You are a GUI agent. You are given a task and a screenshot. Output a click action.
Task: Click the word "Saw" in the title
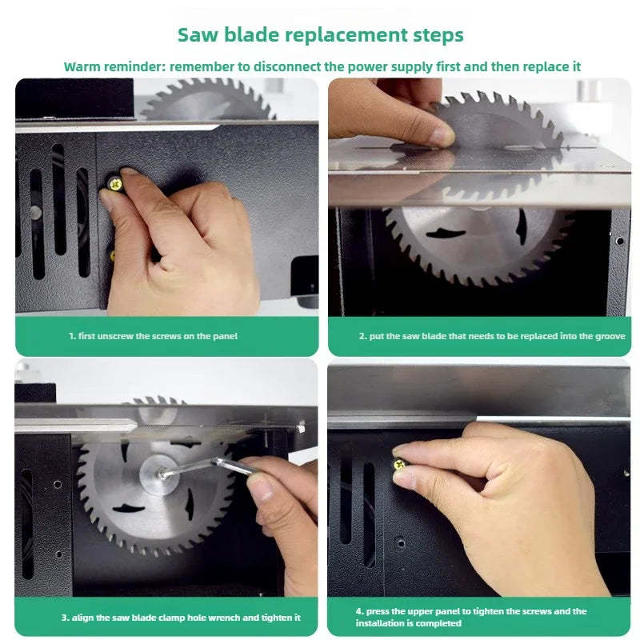(x=198, y=34)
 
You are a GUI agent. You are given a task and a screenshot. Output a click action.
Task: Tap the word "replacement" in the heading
(x=346, y=35)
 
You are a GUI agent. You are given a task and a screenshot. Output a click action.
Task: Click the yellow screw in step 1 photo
(x=115, y=185)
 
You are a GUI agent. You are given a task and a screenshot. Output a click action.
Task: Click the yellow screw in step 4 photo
(x=399, y=464)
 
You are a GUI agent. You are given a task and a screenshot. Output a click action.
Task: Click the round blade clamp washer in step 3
(x=159, y=474)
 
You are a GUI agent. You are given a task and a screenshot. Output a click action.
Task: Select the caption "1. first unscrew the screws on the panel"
(x=153, y=336)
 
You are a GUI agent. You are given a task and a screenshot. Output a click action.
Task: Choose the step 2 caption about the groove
(x=492, y=336)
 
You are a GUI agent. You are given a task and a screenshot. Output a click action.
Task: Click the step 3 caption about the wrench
(x=181, y=617)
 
